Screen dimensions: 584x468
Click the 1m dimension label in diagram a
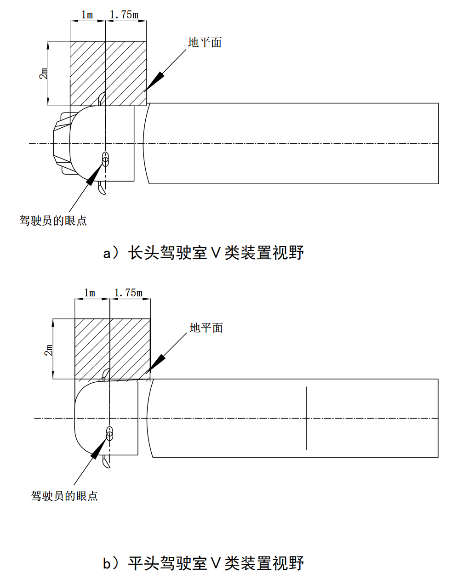pyautogui.click(x=87, y=15)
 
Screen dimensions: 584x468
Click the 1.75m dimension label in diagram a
pyautogui.click(x=124, y=15)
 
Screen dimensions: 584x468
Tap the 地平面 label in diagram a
pyautogui.click(x=205, y=43)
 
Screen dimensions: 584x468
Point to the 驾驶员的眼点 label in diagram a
pyautogui.click(x=53, y=221)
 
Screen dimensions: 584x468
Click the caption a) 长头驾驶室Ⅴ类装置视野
pyautogui.click(x=204, y=253)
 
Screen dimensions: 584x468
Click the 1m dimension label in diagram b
pyautogui.click(x=90, y=293)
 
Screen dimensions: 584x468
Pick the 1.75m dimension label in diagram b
pyautogui.click(x=128, y=293)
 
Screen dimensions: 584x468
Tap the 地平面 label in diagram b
pyautogui.click(x=206, y=328)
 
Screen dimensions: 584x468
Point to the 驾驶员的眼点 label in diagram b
pyautogui.click(x=64, y=496)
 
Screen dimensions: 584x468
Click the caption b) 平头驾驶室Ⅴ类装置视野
pyautogui.click(x=204, y=563)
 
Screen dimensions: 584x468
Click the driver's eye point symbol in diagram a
pyautogui.click(x=106, y=159)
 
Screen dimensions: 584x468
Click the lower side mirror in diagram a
pyautogui.click(x=102, y=189)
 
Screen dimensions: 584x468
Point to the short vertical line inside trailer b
pyautogui.click(x=306, y=418)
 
